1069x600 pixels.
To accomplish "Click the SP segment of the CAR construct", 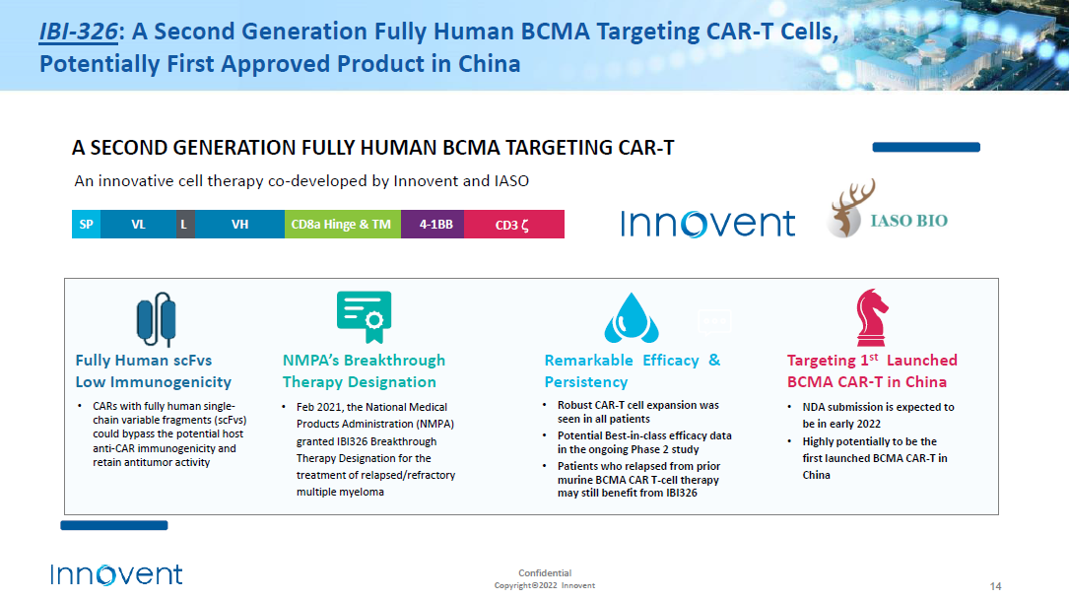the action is (x=86, y=225).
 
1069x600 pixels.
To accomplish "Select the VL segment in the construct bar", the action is (x=138, y=225).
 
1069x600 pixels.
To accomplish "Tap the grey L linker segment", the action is (x=185, y=225).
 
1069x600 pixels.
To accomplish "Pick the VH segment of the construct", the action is (x=239, y=225).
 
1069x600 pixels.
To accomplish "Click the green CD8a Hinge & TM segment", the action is (x=342, y=225).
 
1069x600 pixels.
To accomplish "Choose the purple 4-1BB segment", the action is (x=433, y=225).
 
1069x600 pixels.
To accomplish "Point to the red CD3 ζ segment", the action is (x=514, y=225).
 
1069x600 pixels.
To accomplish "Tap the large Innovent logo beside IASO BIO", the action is (x=707, y=224).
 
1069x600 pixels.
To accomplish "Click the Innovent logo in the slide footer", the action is (x=116, y=574).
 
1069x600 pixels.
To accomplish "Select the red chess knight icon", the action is (x=871, y=317).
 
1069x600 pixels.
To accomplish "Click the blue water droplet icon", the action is (x=632, y=317).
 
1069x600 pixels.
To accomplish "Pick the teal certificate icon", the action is (x=365, y=316).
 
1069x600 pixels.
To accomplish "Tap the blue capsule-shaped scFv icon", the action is (x=156, y=319).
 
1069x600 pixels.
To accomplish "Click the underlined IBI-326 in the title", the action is (x=79, y=32).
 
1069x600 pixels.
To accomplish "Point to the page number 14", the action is (x=995, y=586).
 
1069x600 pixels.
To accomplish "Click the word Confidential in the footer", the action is (x=545, y=572).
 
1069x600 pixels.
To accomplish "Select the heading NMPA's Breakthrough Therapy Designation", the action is (x=365, y=370).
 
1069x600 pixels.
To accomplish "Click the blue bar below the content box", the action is (x=114, y=525).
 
